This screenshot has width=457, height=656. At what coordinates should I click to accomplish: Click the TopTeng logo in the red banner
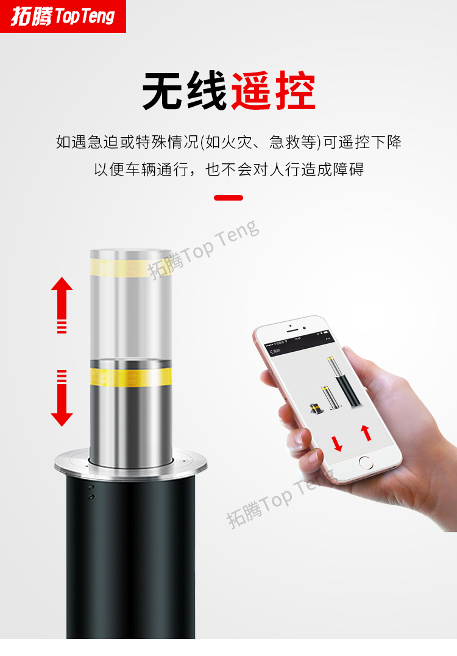(x=63, y=16)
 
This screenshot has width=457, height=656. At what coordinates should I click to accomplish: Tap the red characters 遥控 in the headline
(x=273, y=91)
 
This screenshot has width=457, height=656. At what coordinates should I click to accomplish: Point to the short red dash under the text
(x=228, y=198)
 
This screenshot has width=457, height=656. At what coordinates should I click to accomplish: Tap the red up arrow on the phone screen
(x=366, y=432)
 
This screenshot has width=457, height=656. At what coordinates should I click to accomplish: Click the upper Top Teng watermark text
(x=204, y=250)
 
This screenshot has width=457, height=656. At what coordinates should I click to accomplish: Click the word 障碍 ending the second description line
(x=349, y=169)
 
